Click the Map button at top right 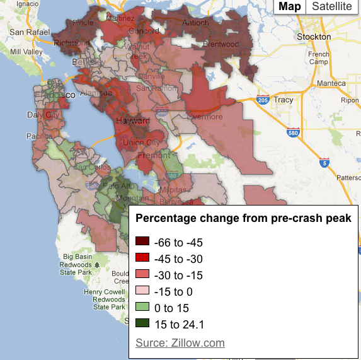(290, 6)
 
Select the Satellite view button (332, 6)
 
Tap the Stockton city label (315, 37)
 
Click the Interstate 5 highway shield (324, 163)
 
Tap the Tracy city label (284, 100)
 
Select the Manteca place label (333, 83)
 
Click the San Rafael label (25, 32)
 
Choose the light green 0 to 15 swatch (142, 308)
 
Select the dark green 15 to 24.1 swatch (142, 325)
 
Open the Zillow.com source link (180, 343)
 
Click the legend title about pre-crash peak (244, 218)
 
